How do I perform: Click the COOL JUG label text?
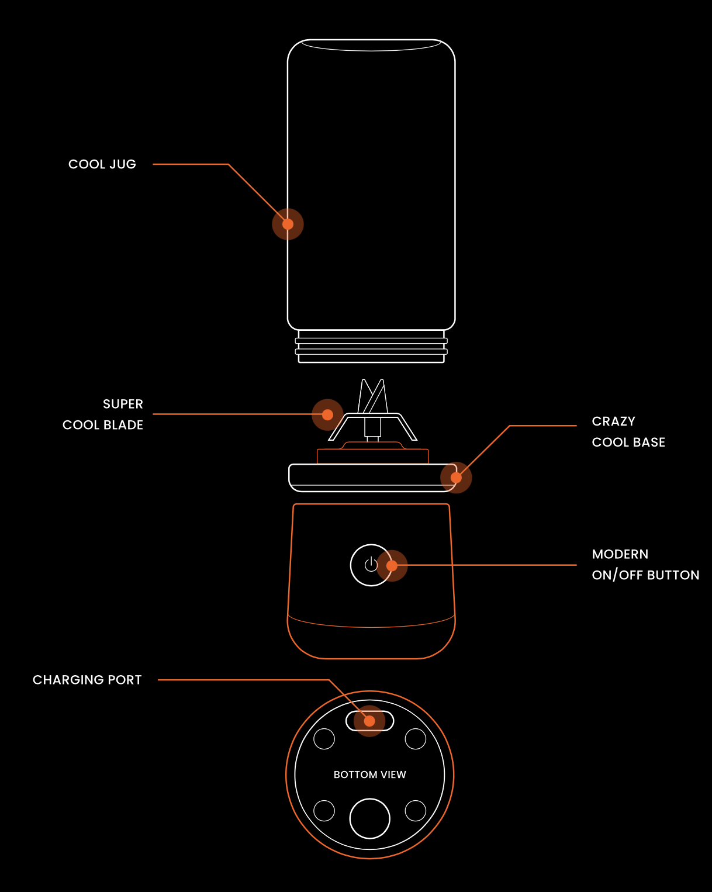click(x=102, y=164)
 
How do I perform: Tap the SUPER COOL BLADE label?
click(x=103, y=414)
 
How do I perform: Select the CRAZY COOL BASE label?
click(x=628, y=431)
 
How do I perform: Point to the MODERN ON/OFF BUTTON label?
click(x=645, y=565)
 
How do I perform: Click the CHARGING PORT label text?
click(x=87, y=680)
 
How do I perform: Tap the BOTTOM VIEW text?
click(x=369, y=775)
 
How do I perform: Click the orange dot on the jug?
click(x=288, y=224)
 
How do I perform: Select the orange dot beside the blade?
click(x=327, y=414)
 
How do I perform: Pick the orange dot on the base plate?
click(x=456, y=478)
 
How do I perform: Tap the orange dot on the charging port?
click(x=369, y=721)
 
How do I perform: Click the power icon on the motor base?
click(x=371, y=565)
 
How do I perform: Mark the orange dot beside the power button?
click(x=392, y=565)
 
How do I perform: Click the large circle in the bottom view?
click(x=369, y=818)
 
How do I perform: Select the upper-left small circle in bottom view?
click(x=324, y=739)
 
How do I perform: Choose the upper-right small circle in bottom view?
click(x=416, y=739)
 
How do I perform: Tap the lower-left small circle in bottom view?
click(x=324, y=811)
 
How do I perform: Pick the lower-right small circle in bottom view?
click(x=416, y=811)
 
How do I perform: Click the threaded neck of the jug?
click(x=371, y=346)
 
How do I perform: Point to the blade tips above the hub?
click(x=372, y=393)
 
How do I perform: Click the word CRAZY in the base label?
click(x=613, y=421)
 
